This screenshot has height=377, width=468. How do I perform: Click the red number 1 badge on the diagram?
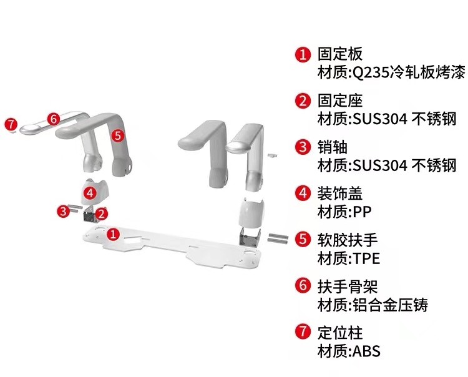(113, 234)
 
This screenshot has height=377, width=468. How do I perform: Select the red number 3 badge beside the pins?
(63, 211)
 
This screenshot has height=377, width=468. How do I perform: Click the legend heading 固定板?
(340, 54)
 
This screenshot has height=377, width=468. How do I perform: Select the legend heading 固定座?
(340, 100)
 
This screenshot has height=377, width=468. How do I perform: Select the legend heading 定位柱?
(340, 332)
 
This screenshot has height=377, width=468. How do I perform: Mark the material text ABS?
(366, 351)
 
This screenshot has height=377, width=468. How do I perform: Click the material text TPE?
(366, 258)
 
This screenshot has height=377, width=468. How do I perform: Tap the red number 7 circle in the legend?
(303, 332)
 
